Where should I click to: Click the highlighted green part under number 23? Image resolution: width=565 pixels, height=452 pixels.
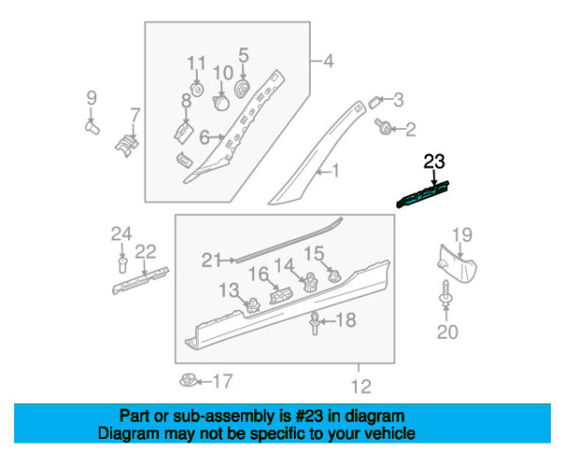(x=423, y=195)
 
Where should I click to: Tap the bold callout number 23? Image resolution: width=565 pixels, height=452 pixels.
(x=434, y=161)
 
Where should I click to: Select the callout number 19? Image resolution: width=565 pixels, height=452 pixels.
(x=462, y=235)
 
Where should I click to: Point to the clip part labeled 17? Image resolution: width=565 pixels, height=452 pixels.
(x=188, y=380)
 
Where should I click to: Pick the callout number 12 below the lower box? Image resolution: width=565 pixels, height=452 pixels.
(x=361, y=387)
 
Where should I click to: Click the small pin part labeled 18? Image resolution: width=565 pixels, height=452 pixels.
(x=315, y=323)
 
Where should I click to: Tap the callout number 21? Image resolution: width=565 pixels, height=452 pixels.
(x=212, y=260)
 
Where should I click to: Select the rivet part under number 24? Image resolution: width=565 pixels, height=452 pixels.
(x=122, y=265)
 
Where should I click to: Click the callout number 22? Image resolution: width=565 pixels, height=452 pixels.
(x=146, y=251)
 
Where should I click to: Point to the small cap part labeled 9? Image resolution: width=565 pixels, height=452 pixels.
(x=93, y=127)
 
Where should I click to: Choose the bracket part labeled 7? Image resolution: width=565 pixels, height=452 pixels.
(x=127, y=145)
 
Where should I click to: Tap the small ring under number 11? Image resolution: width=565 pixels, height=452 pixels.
(x=197, y=89)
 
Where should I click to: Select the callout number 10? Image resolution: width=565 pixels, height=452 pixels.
(x=223, y=73)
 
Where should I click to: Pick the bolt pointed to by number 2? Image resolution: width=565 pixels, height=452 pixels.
(x=382, y=126)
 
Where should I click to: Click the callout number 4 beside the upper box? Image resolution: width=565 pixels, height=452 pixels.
(x=329, y=61)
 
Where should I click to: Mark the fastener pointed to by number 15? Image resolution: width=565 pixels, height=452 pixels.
(x=333, y=275)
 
